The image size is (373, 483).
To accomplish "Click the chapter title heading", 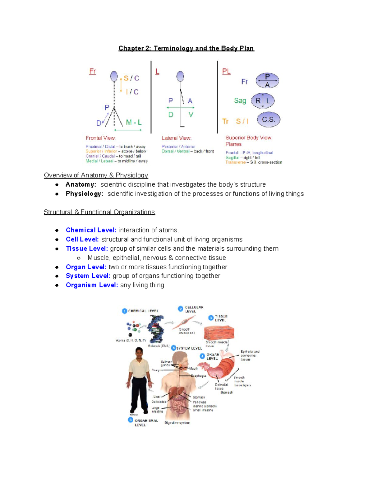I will (186, 49).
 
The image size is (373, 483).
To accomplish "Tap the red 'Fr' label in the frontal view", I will (93, 71).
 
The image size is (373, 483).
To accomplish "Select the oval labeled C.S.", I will (269, 120).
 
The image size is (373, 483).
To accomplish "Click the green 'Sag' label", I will (240, 101).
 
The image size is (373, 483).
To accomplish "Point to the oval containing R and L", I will (263, 101).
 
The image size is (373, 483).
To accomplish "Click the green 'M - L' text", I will (134, 123).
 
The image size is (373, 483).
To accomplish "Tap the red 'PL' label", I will (226, 72).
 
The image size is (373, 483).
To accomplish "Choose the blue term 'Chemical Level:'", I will (91, 230).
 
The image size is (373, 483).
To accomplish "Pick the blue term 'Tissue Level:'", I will (87, 248).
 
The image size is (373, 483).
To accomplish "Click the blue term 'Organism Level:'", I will (92, 285).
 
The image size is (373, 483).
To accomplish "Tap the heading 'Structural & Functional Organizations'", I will (99, 212).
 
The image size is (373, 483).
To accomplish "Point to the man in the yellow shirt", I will (139, 381).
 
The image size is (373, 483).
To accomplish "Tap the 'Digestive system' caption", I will (177, 423).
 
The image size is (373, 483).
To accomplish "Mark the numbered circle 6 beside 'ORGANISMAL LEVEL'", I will (131, 420).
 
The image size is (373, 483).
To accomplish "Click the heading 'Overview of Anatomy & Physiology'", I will (96, 175).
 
